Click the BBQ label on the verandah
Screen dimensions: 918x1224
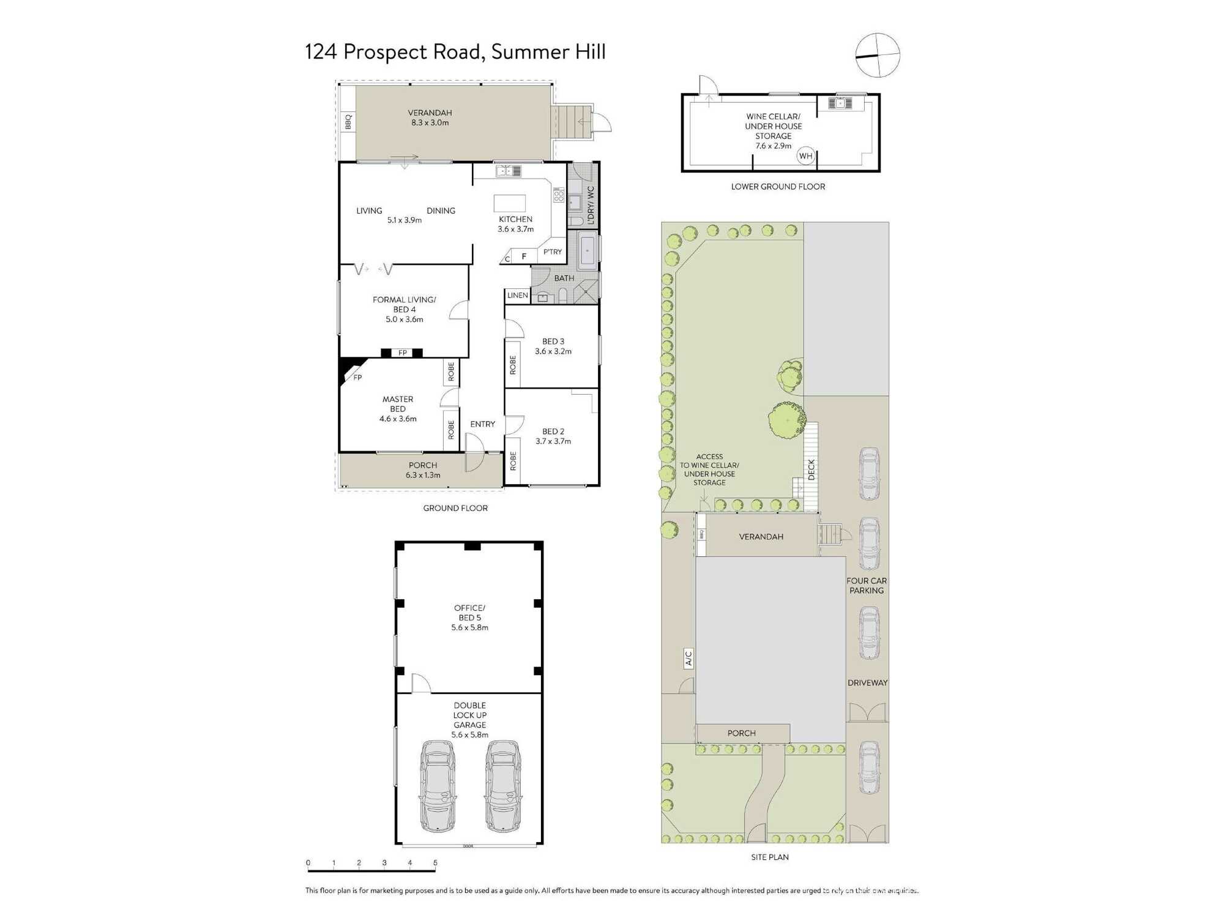pyautogui.click(x=348, y=122)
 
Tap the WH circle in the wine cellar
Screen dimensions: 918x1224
pyautogui.click(x=805, y=156)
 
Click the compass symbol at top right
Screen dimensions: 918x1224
pyautogui.click(x=878, y=55)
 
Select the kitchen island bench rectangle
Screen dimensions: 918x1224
pyautogui.click(x=510, y=203)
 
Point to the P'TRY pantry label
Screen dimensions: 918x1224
pyautogui.click(x=552, y=252)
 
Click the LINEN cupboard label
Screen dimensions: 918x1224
pyautogui.click(x=517, y=296)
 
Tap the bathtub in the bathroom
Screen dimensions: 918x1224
pyautogui.click(x=588, y=250)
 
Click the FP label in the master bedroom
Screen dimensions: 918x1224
pyautogui.click(x=357, y=378)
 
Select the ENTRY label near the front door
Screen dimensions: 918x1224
pyautogui.click(x=482, y=424)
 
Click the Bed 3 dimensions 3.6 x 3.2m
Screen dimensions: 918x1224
pyautogui.click(x=553, y=351)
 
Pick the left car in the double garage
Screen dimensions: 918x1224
pyautogui.click(x=438, y=786)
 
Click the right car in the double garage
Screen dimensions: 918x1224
pyautogui.click(x=502, y=786)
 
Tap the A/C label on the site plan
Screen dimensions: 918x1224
pyautogui.click(x=688, y=658)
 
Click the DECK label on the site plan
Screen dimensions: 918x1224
pyautogui.click(x=811, y=469)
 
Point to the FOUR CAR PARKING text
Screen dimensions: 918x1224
pyautogui.click(x=866, y=586)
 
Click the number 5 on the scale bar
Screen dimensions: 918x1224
pyautogui.click(x=435, y=863)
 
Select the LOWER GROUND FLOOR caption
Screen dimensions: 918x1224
pyautogui.click(x=777, y=187)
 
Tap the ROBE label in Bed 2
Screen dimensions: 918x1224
pyautogui.click(x=513, y=461)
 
